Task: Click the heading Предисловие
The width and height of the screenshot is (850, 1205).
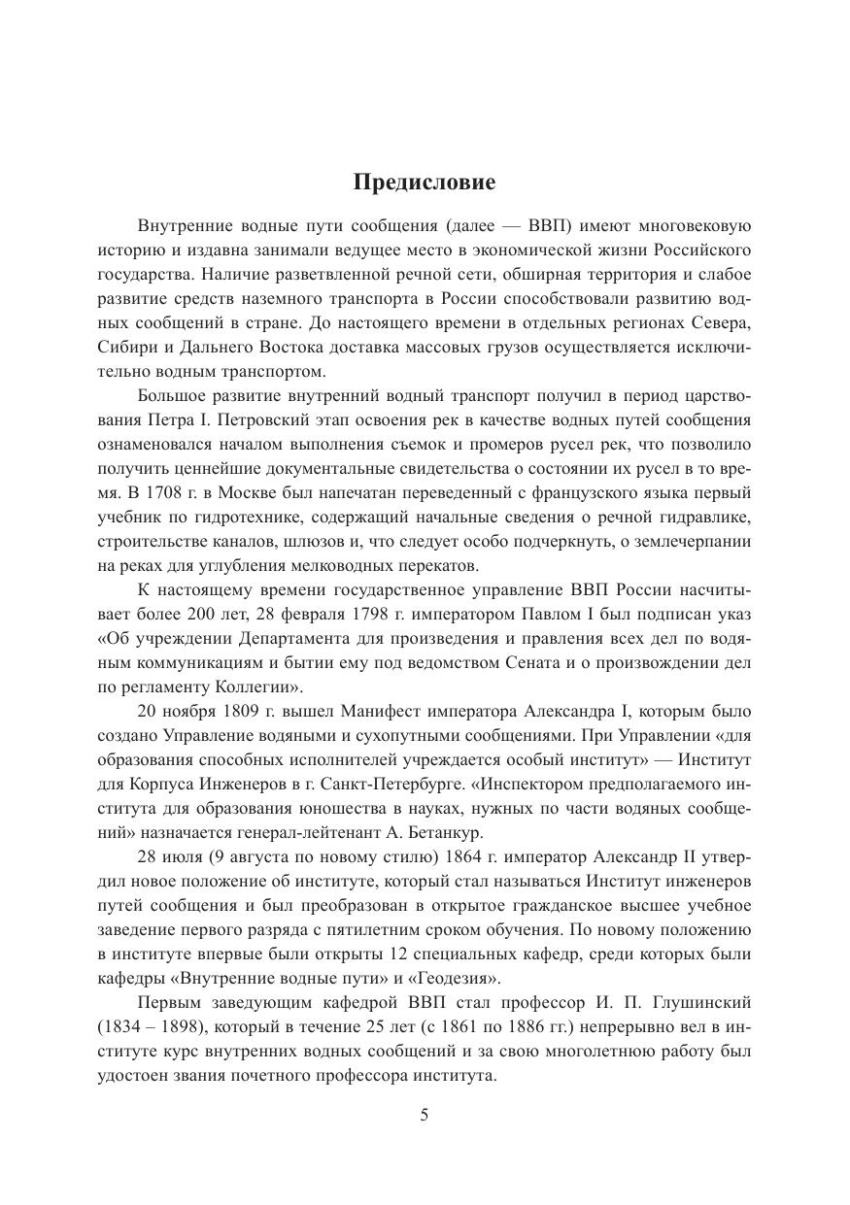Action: click(425, 182)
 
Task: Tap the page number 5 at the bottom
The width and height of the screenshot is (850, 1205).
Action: click(425, 1115)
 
